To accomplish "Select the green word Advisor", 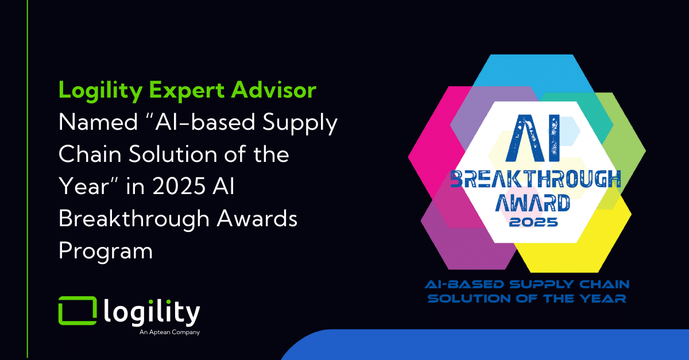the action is click(274, 90).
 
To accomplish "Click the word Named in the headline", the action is click(98, 122).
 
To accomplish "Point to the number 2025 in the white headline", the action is click(179, 186).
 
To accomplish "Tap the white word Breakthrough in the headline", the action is click(134, 218).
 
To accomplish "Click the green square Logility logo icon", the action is click(78, 311).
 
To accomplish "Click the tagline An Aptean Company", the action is click(169, 332).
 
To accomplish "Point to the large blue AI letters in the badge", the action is click(533, 138).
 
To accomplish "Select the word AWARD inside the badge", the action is click(532, 203).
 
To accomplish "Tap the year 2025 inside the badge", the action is click(533, 222).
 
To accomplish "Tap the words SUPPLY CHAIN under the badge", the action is click(570, 284).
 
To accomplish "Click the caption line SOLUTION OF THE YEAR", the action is click(527, 299).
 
